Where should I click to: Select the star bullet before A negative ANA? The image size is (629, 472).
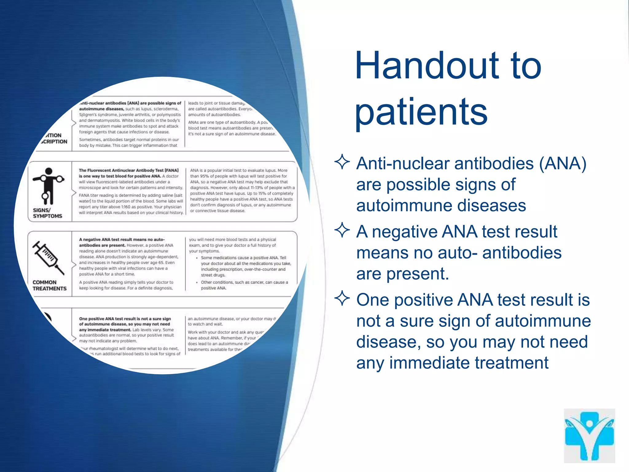click(x=342, y=230)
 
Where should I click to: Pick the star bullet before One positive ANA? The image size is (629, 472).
click(x=342, y=298)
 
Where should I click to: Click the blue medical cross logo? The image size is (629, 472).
click(x=589, y=435)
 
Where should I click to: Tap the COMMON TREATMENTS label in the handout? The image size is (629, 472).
click(x=49, y=285)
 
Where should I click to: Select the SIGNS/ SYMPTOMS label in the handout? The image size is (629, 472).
click(x=47, y=213)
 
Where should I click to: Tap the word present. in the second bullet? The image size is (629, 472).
click(x=418, y=273)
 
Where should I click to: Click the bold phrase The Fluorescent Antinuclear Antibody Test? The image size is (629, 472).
click(x=128, y=170)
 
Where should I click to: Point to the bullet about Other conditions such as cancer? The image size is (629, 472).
click(x=244, y=285)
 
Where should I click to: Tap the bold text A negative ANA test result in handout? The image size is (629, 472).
click(x=122, y=239)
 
